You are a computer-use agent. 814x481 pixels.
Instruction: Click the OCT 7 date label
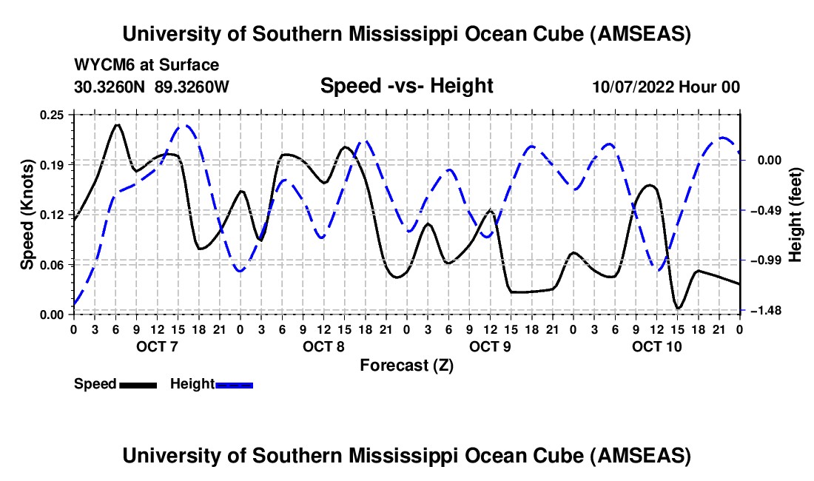coord(157,346)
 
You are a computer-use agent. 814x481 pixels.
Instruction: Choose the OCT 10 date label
coord(656,346)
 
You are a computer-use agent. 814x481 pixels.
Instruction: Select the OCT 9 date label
coord(490,346)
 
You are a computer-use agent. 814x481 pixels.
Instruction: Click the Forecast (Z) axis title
coord(406,366)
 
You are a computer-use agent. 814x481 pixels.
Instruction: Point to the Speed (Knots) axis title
coord(27,214)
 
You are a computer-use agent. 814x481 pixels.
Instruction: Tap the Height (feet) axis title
coord(795,214)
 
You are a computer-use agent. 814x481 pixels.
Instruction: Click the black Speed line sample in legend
coord(137,385)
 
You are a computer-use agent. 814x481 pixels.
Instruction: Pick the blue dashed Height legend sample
coord(235,385)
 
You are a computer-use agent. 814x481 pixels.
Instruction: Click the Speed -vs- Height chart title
coord(406,87)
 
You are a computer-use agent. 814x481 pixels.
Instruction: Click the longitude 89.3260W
coord(192,87)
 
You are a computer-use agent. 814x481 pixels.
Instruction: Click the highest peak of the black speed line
coord(117,124)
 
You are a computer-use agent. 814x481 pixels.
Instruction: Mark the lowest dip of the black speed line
coord(678,308)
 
